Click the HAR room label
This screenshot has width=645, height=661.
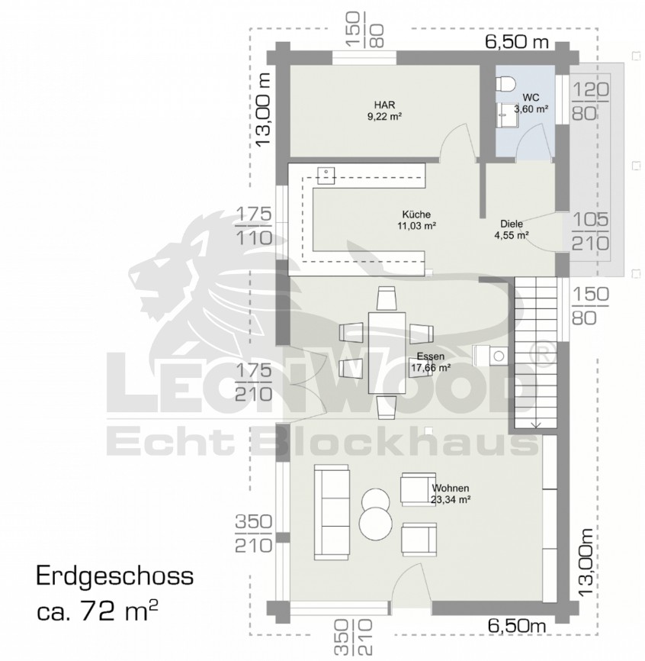(x=384, y=111)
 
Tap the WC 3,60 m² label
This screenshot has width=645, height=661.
(x=531, y=104)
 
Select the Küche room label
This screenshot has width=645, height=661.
(x=416, y=220)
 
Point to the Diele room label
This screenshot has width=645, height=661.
(x=512, y=229)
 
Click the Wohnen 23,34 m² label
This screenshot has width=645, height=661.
(x=451, y=494)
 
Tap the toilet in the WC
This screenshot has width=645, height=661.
(x=505, y=83)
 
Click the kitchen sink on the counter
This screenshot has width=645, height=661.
(x=326, y=176)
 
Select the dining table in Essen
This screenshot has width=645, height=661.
(x=387, y=353)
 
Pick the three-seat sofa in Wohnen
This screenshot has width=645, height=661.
(x=332, y=512)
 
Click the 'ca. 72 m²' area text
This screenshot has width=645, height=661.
(x=98, y=611)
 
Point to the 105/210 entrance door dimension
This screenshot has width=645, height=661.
(x=590, y=231)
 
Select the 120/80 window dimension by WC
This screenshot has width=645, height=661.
(x=590, y=102)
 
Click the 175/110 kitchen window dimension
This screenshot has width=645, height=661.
(x=254, y=227)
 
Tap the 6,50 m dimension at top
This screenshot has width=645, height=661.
(x=517, y=42)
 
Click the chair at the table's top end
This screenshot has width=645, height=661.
(x=387, y=298)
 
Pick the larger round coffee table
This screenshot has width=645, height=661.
(x=376, y=523)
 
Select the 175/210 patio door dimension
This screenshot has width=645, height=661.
(x=254, y=382)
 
